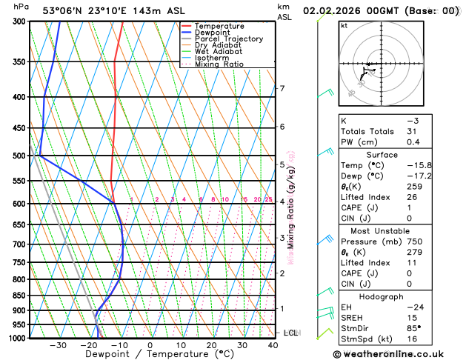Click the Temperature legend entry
point(219,26)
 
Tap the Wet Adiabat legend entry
point(218,51)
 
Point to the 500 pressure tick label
point(19,156)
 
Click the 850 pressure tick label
point(19,296)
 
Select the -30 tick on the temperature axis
point(58,345)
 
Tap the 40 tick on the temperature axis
point(274,345)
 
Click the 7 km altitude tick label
point(282,89)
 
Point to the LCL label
point(290,333)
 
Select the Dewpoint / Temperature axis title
point(151,355)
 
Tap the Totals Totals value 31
point(412,131)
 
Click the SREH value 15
point(412,319)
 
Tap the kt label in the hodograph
point(344,25)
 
